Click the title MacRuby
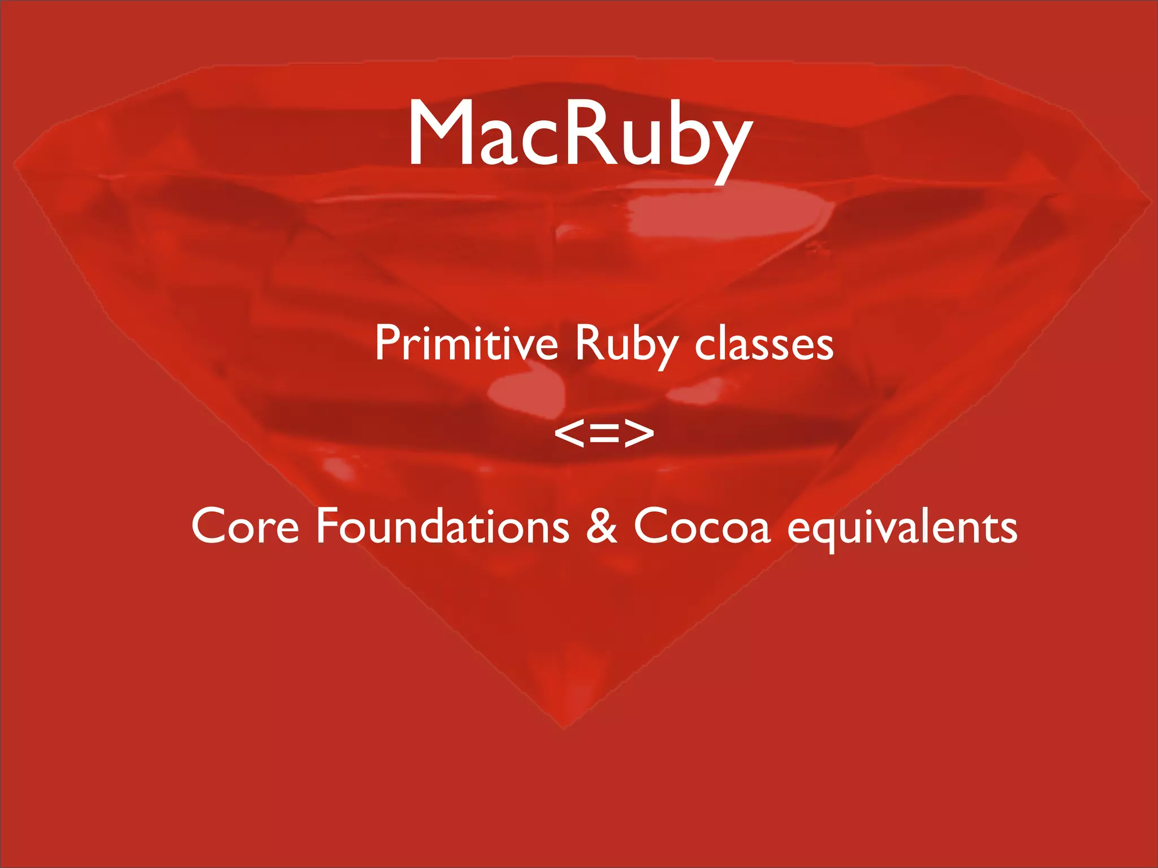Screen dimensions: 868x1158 (x=580, y=134)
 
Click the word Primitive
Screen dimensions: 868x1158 (x=466, y=343)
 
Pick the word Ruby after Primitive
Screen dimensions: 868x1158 (x=626, y=345)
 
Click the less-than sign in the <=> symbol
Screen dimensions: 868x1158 (x=569, y=433)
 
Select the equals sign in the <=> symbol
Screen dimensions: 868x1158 (x=604, y=433)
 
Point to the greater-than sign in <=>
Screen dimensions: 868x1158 (x=639, y=433)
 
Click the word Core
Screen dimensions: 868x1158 (x=245, y=526)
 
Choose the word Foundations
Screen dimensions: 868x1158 (x=442, y=525)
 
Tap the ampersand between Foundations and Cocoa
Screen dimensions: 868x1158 (x=602, y=525)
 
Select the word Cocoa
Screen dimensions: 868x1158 (x=702, y=526)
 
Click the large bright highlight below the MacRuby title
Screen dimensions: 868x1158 (x=729, y=218)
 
